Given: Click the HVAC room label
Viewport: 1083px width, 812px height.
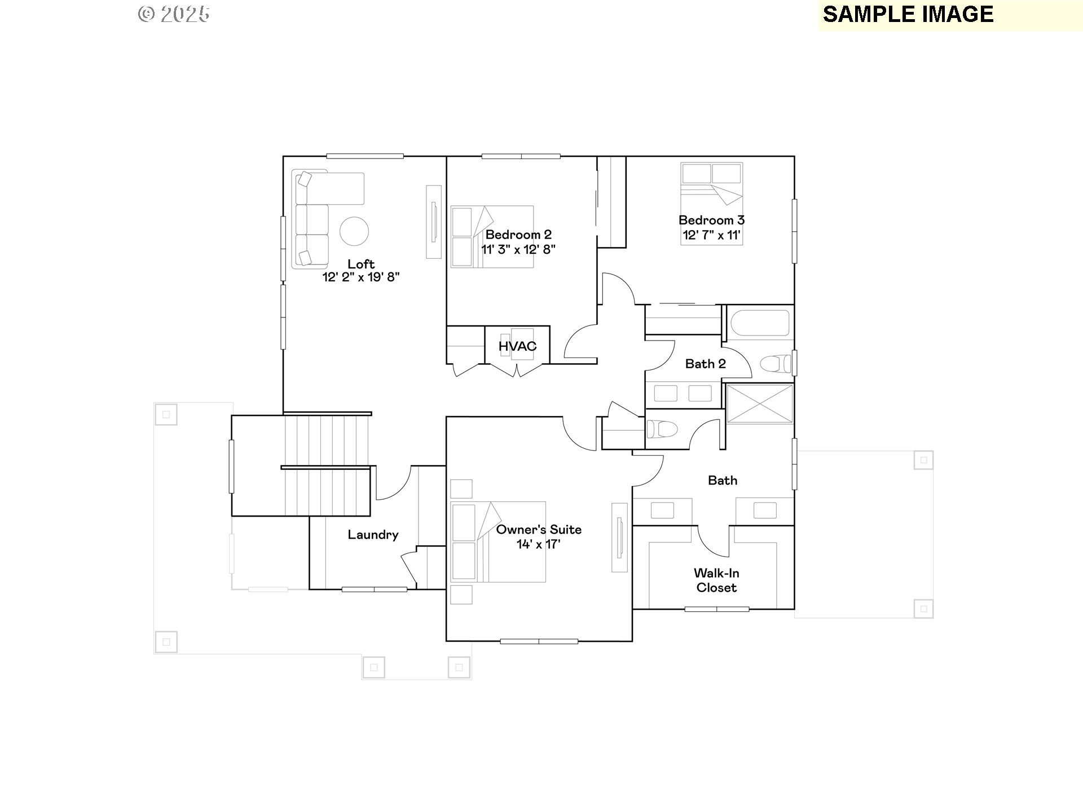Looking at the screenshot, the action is (x=517, y=346).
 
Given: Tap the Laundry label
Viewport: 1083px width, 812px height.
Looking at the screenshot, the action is (x=373, y=535).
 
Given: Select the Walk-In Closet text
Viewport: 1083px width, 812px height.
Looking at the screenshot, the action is (x=716, y=580).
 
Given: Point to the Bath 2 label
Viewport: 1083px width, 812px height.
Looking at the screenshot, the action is (x=705, y=364).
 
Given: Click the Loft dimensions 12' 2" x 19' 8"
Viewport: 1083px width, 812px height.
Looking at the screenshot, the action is (x=361, y=277).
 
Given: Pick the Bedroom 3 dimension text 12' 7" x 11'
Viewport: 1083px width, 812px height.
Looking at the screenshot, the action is (x=711, y=235).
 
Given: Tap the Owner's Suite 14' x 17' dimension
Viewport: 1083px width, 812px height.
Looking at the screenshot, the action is (x=539, y=544).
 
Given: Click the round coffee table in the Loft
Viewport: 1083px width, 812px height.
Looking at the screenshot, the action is (x=354, y=231).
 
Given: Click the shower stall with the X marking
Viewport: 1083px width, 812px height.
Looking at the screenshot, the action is (x=760, y=403).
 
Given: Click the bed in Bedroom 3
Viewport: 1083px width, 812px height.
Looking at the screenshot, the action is (x=711, y=204).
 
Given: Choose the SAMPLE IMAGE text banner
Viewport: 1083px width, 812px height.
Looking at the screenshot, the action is (x=908, y=15).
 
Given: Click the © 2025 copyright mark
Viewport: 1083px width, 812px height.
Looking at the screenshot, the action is (x=174, y=14).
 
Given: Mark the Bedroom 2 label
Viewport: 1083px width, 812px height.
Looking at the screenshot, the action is (x=518, y=235).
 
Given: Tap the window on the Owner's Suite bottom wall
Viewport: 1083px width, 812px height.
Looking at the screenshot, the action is (x=539, y=641).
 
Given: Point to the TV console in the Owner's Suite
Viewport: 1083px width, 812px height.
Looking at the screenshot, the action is (x=619, y=537).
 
